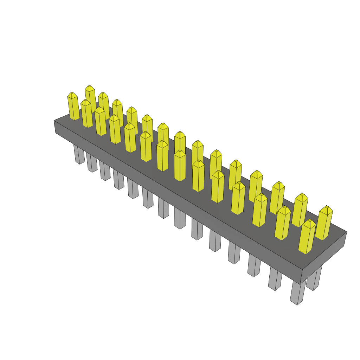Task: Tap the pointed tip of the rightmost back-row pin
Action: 327,207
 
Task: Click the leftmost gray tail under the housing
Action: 79,155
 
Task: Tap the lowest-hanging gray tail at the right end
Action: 297,292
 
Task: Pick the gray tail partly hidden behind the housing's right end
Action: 314,279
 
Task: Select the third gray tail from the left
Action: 104,171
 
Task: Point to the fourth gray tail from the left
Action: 118,180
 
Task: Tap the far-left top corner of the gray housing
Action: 54,121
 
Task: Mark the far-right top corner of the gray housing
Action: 346,232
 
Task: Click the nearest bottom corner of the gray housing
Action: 300,284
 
